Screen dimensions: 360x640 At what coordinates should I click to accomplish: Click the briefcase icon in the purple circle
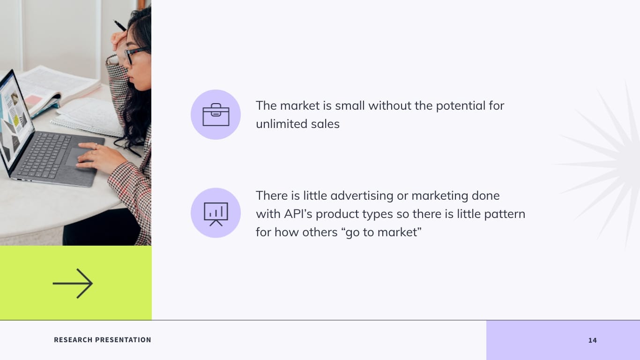[216, 115]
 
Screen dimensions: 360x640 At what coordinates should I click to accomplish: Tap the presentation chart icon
[216, 213]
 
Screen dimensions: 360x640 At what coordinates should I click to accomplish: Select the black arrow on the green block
[73, 283]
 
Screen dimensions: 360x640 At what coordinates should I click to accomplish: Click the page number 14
[592, 340]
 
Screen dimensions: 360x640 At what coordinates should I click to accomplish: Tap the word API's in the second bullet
[298, 214]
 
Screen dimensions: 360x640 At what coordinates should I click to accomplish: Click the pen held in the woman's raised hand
[120, 26]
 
